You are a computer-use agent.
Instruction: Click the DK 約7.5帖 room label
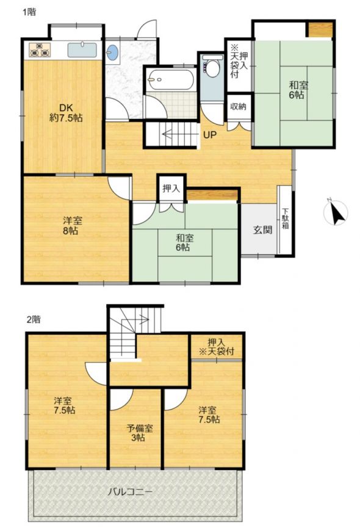coord(66,113)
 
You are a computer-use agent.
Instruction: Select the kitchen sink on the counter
coord(82,49)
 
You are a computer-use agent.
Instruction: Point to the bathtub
coord(170,80)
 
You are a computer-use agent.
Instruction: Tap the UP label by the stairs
coord(210,135)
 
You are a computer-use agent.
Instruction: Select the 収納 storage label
coord(238,106)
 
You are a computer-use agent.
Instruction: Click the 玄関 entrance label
coord(262,230)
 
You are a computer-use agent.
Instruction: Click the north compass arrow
coord(337,213)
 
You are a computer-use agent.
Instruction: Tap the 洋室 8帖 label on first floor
coord(73,226)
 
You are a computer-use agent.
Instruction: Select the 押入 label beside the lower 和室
coord(171,188)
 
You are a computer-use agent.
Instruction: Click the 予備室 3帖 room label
coord(140,433)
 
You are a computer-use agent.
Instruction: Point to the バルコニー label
coord(130,491)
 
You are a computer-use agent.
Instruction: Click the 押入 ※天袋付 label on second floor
coord(217,347)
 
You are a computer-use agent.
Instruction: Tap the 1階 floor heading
coord(29,13)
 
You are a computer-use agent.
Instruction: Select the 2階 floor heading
coord(34,319)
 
